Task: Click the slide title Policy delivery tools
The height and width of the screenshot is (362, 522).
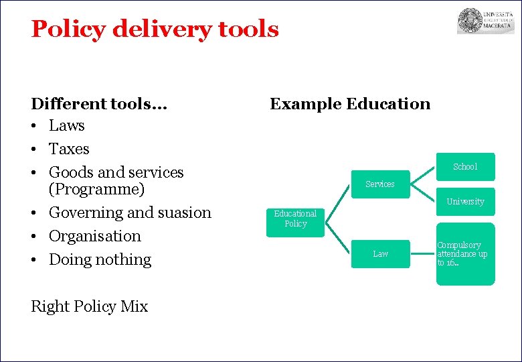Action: pos(155,29)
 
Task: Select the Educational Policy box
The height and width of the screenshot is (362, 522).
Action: pos(295,219)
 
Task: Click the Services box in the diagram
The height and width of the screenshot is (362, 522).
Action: pos(380,184)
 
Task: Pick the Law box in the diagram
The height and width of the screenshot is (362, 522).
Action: pos(380,253)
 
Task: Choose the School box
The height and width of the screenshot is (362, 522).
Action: pos(465,166)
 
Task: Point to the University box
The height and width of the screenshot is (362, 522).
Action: pos(465,202)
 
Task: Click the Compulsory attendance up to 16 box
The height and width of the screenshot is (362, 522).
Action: pos(465,254)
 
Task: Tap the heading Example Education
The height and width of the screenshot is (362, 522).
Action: pos(349,104)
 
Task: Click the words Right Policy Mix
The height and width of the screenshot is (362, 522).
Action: pos(89,306)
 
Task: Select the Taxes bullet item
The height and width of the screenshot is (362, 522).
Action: pos(69,149)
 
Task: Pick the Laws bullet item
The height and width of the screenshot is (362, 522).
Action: pos(67,125)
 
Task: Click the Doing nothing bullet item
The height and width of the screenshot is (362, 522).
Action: pos(100,259)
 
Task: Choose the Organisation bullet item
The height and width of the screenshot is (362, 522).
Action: pos(95,236)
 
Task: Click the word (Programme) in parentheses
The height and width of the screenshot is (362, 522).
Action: pos(96,190)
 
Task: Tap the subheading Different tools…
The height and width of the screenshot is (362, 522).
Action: pos(99,104)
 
